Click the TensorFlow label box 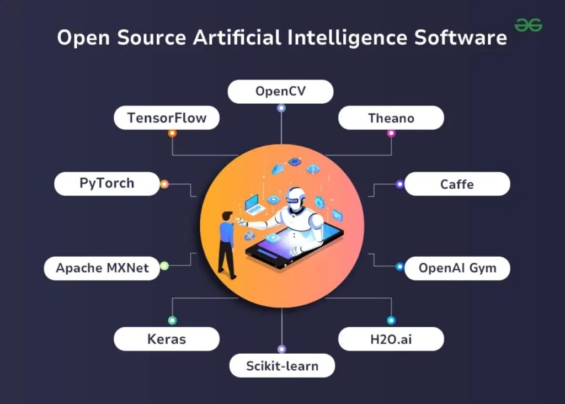point(167,118)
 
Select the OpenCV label point(280,91)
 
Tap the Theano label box point(391,118)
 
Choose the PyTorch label point(106,183)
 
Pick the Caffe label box point(457,184)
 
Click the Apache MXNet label point(102,268)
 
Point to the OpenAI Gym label point(457,268)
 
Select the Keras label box point(167,339)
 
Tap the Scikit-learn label point(282,365)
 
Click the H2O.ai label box point(391,339)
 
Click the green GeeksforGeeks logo point(528,25)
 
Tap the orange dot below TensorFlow point(172,133)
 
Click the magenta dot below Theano point(391,133)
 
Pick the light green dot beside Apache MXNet point(164,266)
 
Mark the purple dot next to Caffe point(399,184)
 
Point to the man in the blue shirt point(227,243)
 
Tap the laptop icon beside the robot point(255,204)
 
